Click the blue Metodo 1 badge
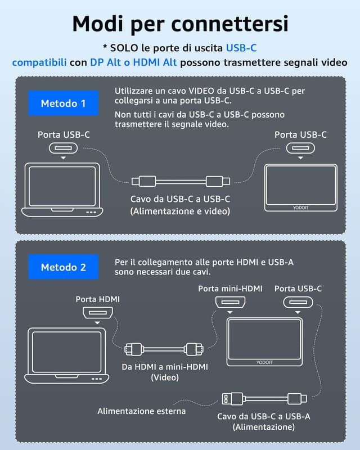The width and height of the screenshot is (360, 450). [63, 103]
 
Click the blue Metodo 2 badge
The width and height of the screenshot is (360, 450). [63, 267]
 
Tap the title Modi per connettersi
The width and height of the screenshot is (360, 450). [180, 24]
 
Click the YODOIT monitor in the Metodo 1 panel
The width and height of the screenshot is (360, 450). [300, 188]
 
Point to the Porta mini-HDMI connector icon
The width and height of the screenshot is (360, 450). [231, 304]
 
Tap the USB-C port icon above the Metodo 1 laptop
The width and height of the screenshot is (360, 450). [64, 148]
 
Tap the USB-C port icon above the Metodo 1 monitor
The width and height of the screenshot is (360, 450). [300, 148]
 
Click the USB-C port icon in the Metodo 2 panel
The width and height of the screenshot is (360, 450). [298, 304]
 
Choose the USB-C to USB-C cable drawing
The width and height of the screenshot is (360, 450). [180, 181]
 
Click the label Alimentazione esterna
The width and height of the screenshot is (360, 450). [141, 411]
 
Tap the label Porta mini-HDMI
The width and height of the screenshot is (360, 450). [231, 289]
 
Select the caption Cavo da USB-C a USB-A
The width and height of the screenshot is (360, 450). [263, 416]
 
